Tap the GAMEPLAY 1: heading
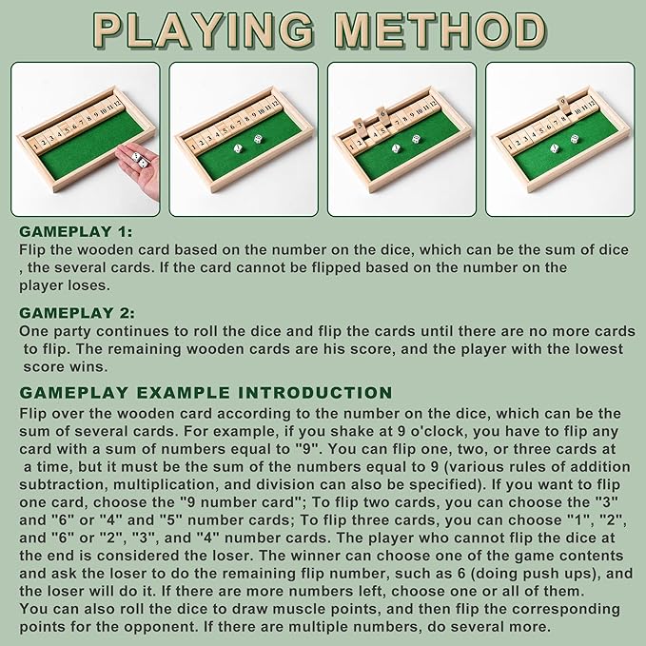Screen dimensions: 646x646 (76, 231)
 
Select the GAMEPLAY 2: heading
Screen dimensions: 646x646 (77, 313)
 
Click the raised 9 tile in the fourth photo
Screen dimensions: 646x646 (563, 104)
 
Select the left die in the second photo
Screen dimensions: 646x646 (239, 148)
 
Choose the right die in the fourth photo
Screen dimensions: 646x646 (576, 139)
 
